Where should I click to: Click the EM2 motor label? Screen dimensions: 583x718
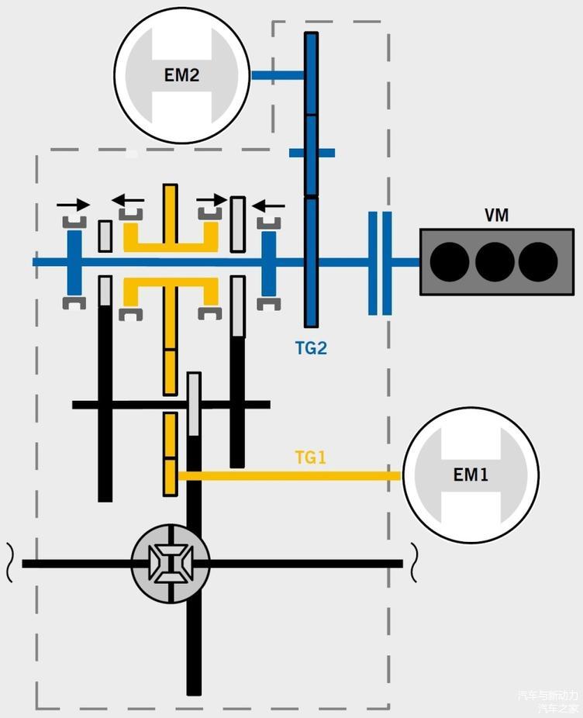click(x=182, y=75)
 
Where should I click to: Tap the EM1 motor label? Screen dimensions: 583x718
click(x=471, y=475)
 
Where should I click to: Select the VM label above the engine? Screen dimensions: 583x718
click(x=496, y=216)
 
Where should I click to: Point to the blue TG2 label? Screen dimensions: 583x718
click(x=311, y=348)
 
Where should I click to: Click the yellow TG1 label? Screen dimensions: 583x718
click(x=311, y=457)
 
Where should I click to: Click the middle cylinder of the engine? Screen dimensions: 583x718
click(x=495, y=262)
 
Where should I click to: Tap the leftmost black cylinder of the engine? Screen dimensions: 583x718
click(x=450, y=262)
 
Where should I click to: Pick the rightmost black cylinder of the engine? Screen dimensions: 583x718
click(x=538, y=262)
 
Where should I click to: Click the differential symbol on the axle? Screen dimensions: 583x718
click(x=171, y=564)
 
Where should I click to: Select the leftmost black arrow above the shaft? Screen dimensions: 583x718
click(x=74, y=204)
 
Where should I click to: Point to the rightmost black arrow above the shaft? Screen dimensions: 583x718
click(x=268, y=205)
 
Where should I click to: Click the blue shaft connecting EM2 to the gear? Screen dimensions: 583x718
click(x=278, y=75)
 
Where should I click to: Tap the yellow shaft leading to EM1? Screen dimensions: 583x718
click(x=290, y=476)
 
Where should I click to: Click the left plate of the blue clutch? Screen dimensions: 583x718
click(x=373, y=264)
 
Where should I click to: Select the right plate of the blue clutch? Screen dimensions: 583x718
click(x=387, y=264)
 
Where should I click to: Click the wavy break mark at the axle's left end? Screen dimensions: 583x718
click(x=9, y=563)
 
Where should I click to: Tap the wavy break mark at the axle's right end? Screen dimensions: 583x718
click(x=413, y=563)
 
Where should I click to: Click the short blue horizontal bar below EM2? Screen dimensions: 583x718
click(x=312, y=153)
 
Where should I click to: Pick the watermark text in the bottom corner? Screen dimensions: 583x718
click(x=549, y=701)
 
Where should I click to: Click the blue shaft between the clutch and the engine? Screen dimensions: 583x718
click(x=405, y=262)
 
